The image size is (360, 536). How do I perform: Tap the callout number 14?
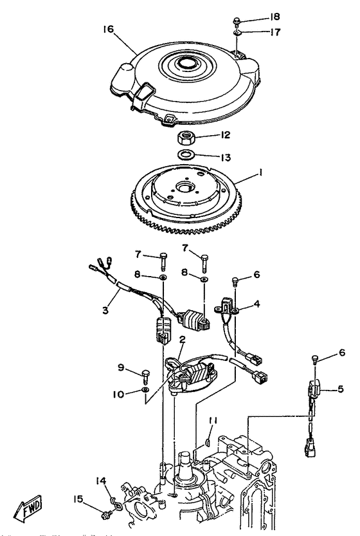coord(102,481)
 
